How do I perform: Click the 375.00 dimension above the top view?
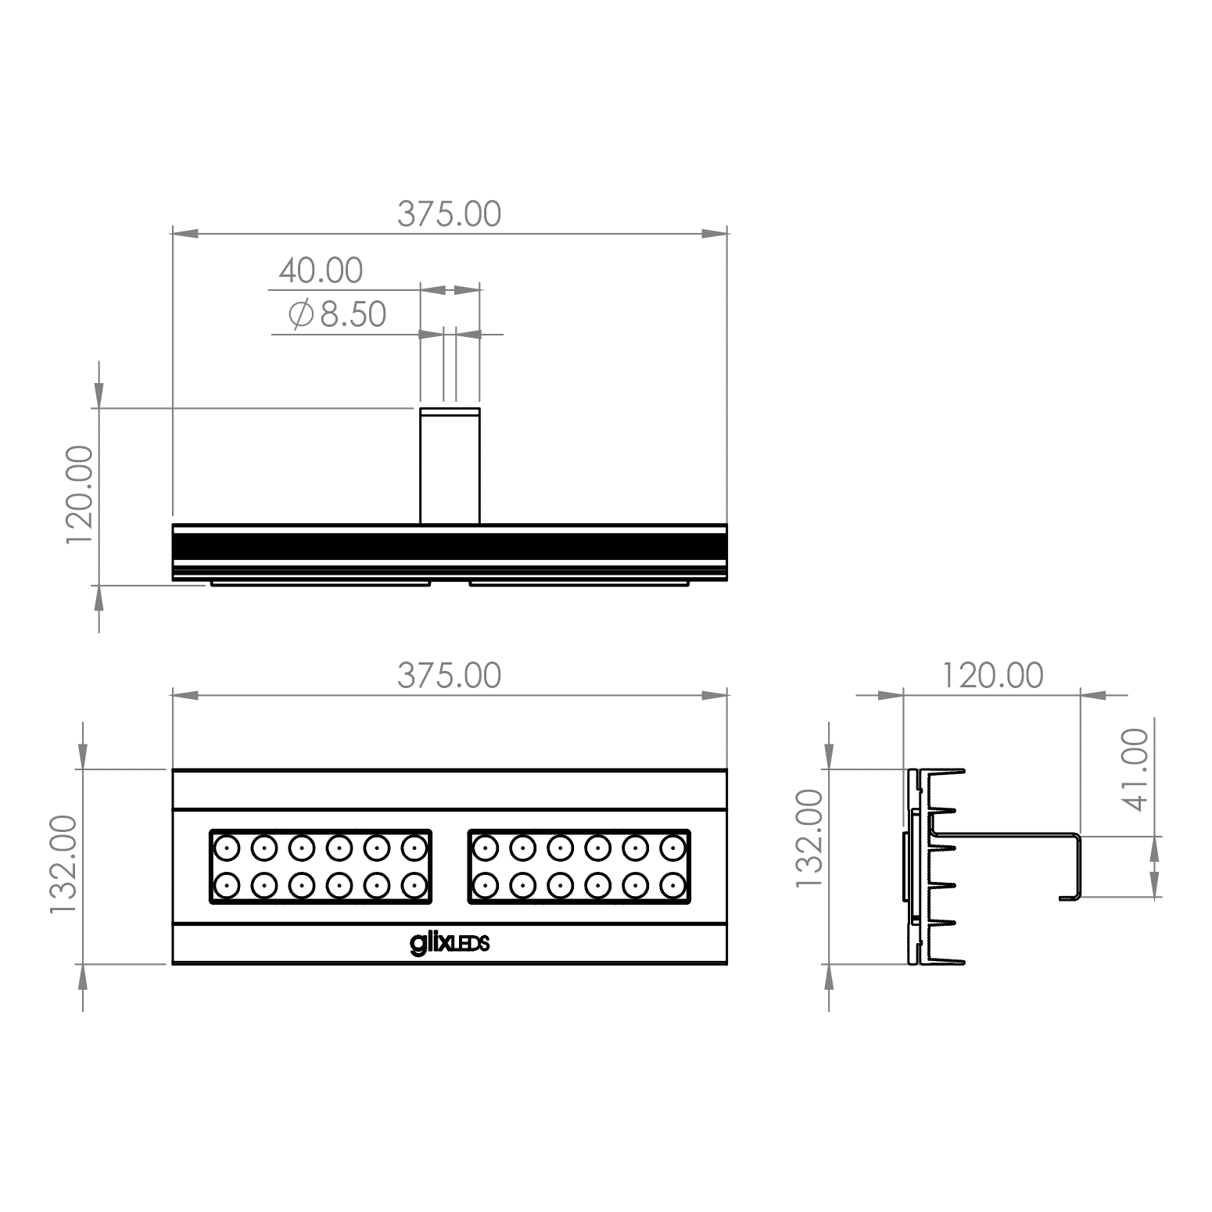449,213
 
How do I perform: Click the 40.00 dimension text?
321,271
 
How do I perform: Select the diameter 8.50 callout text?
337,314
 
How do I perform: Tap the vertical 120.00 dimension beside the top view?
80,496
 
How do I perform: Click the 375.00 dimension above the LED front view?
449,676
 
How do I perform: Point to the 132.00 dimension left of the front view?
63,865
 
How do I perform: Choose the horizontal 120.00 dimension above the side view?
991,676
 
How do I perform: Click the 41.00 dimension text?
1135,769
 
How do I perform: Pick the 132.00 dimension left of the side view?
809,837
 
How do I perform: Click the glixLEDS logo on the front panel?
450,943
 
